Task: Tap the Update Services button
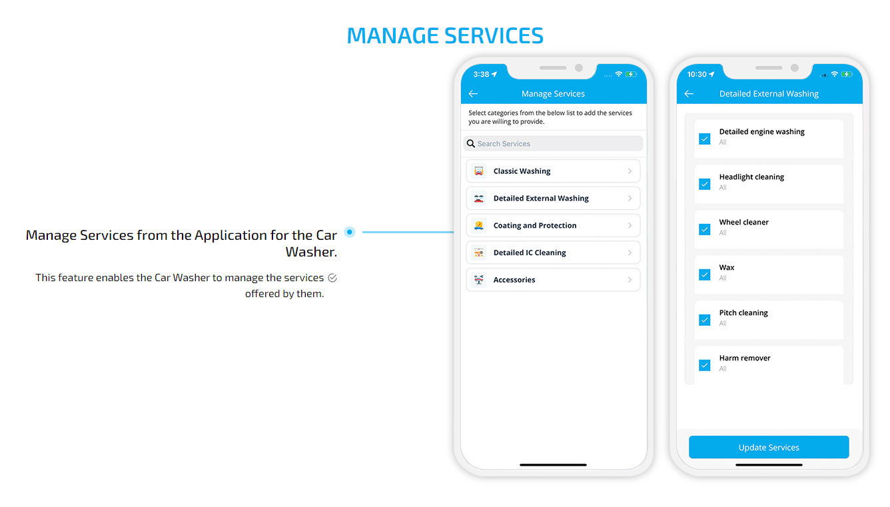click(768, 447)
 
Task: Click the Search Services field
click(553, 143)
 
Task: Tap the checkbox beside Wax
click(704, 274)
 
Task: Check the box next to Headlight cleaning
click(704, 184)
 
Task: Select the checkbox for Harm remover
click(704, 365)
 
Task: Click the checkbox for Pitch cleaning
click(704, 320)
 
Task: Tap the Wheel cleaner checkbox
click(704, 229)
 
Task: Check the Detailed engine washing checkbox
click(704, 139)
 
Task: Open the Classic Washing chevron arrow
click(630, 171)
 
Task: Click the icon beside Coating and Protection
click(479, 225)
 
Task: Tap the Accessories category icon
click(479, 280)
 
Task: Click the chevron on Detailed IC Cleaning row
click(630, 253)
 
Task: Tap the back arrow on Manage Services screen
click(473, 94)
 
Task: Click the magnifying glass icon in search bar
click(471, 143)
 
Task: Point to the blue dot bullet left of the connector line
click(350, 232)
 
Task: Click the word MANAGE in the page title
click(392, 35)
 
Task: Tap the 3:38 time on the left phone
click(481, 75)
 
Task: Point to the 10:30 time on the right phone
click(697, 75)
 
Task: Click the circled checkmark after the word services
click(332, 278)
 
